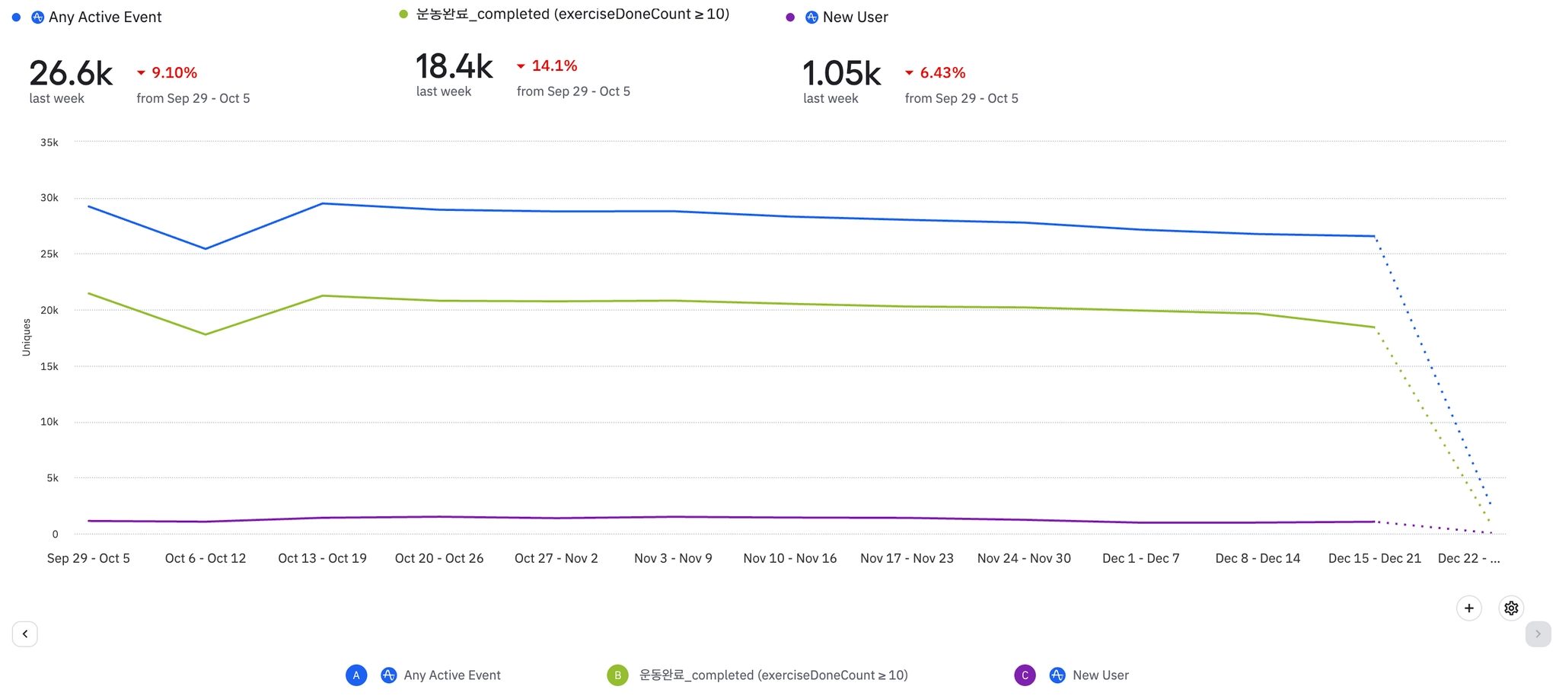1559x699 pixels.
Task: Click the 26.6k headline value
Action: (x=71, y=74)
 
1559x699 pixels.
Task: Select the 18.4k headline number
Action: (x=454, y=67)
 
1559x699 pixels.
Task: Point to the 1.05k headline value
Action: (x=841, y=74)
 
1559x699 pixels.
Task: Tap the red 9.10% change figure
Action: (x=174, y=73)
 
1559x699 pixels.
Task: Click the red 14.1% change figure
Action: (x=554, y=66)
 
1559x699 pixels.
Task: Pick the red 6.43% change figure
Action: (x=942, y=73)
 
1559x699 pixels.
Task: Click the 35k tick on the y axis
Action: (x=49, y=142)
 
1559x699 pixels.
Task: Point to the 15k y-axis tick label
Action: (x=49, y=366)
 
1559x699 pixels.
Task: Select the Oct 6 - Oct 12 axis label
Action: (x=206, y=558)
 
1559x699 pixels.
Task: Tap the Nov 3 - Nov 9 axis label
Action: (x=673, y=558)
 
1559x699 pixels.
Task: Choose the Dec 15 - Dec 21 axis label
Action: (x=1375, y=558)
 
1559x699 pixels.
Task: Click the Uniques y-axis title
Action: (x=27, y=337)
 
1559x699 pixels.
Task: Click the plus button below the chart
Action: (x=1469, y=608)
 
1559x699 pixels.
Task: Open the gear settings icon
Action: (x=1511, y=608)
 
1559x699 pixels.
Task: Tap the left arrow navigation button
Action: (x=25, y=634)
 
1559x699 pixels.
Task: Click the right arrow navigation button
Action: (x=1538, y=634)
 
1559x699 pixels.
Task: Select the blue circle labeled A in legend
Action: (x=356, y=675)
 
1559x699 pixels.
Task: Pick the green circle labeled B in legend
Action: (x=617, y=675)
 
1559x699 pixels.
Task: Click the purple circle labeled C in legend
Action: (x=1025, y=675)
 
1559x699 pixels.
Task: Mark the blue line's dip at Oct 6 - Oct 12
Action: (x=206, y=248)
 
